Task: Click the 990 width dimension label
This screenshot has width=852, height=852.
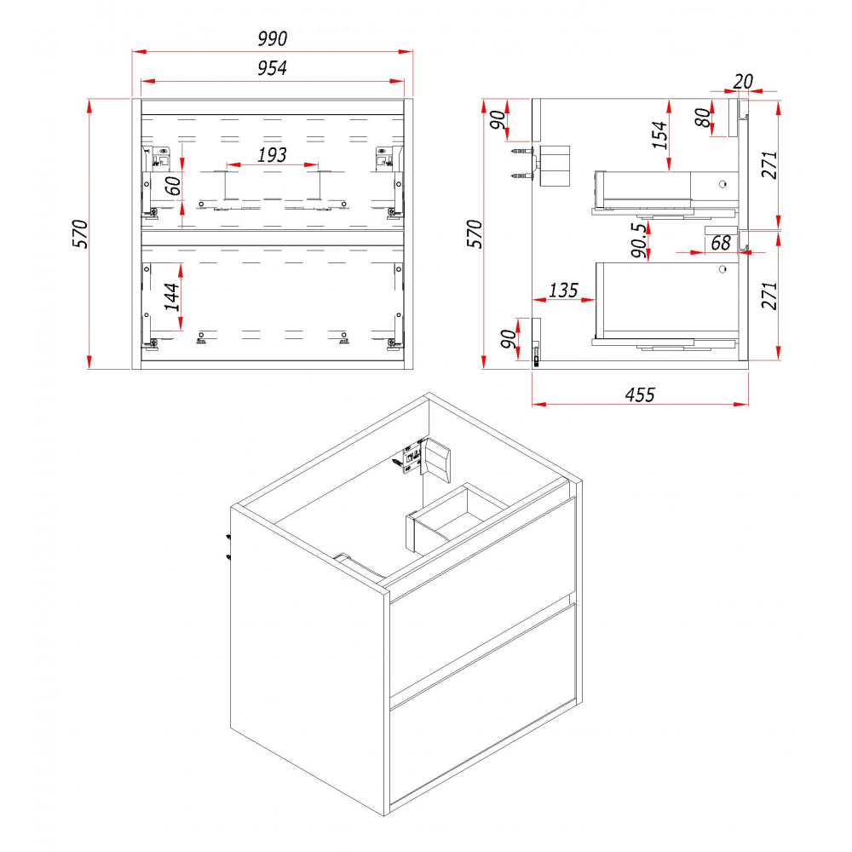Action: (273, 38)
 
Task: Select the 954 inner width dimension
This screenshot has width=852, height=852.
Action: (273, 68)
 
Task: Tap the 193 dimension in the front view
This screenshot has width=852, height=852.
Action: (272, 155)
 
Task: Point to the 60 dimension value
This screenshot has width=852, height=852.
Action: (173, 186)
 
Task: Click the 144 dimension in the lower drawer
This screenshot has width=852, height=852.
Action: (172, 296)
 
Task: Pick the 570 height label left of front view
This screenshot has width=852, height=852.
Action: (80, 233)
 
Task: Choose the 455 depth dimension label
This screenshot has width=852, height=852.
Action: (640, 394)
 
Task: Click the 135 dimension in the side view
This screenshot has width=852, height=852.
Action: (563, 291)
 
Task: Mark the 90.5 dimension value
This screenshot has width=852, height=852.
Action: (640, 239)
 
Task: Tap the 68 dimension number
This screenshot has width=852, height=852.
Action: (721, 243)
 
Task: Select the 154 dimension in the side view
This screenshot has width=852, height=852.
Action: (659, 135)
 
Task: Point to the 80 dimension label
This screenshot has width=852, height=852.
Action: (703, 118)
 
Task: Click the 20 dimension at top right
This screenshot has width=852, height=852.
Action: (743, 82)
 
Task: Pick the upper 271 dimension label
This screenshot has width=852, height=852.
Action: (769, 164)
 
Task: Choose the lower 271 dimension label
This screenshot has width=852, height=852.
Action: (769, 296)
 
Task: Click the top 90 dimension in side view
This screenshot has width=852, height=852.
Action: (498, 119)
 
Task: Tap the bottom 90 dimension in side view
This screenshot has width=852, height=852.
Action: (509, 339)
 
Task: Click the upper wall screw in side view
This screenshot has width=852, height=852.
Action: (521, 151)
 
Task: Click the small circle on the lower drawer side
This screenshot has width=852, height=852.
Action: (722, 269)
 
